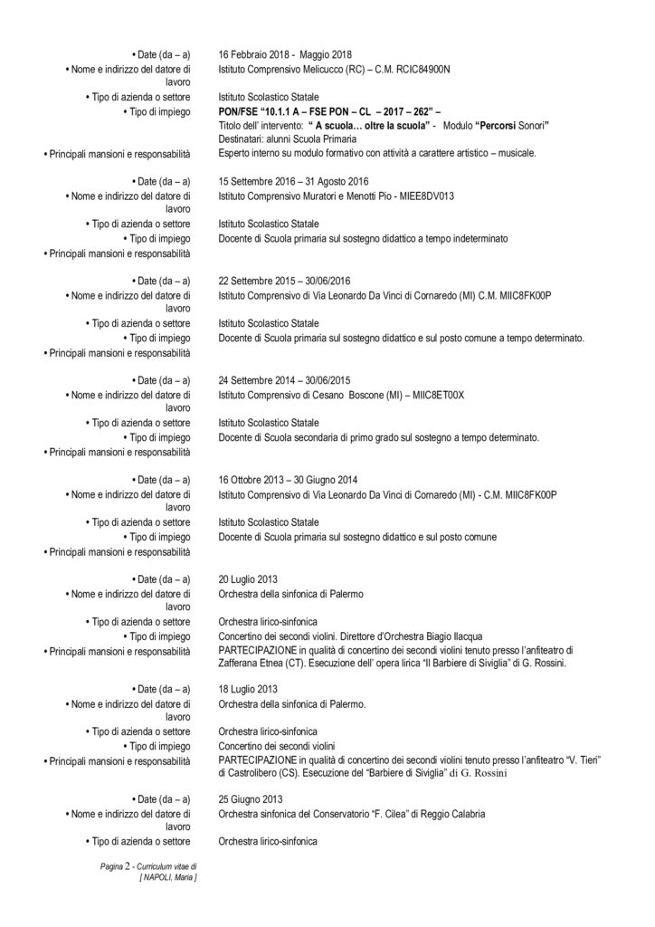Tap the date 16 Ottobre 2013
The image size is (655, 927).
click(x=252, y=480)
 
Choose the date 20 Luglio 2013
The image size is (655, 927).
click(x=248, y=579)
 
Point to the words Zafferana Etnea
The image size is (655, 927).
click(x=252, y=664)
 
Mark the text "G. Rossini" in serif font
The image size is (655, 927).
click(x=483, y=775)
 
